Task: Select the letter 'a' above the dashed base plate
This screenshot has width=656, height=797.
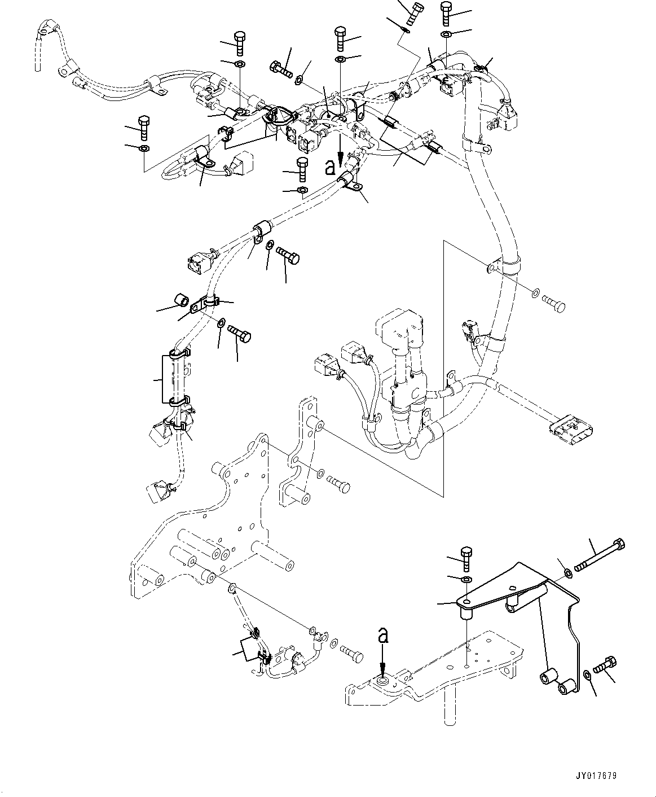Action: click(383, 637)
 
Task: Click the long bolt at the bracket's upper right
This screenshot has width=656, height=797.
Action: click(599, 555)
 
